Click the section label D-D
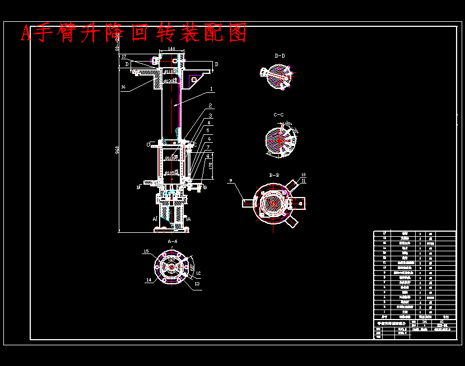coord(280,56)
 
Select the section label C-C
coord(278,115)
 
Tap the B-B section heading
coord(275,175)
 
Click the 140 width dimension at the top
coord(172,49)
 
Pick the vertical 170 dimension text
coord(210,166)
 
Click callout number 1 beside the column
coord(211,88)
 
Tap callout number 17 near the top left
coord(123,57)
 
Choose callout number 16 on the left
coord(123,87)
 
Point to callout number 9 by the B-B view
coord(230,180)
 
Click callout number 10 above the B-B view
coord(303,175)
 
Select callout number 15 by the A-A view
coord(147,252)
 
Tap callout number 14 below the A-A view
coord(149,280)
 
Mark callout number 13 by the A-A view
coord(197,284)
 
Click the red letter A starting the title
coord(26,34)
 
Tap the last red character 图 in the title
coord(238,34)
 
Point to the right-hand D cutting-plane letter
coord(216,65)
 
